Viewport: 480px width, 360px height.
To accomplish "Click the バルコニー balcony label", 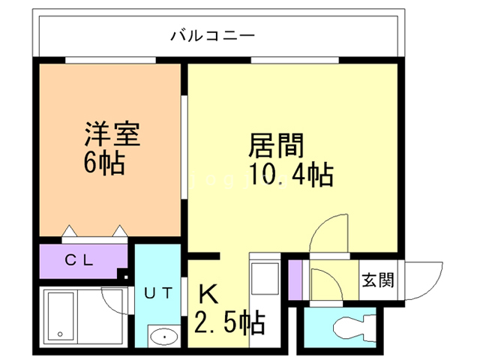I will pyautogui.click(x=213, y=35).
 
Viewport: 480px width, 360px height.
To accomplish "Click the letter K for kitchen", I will pyautogui.click(x=207, y=294).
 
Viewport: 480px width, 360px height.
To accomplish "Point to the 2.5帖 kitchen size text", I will pyautogui.click(x=229, y=323).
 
